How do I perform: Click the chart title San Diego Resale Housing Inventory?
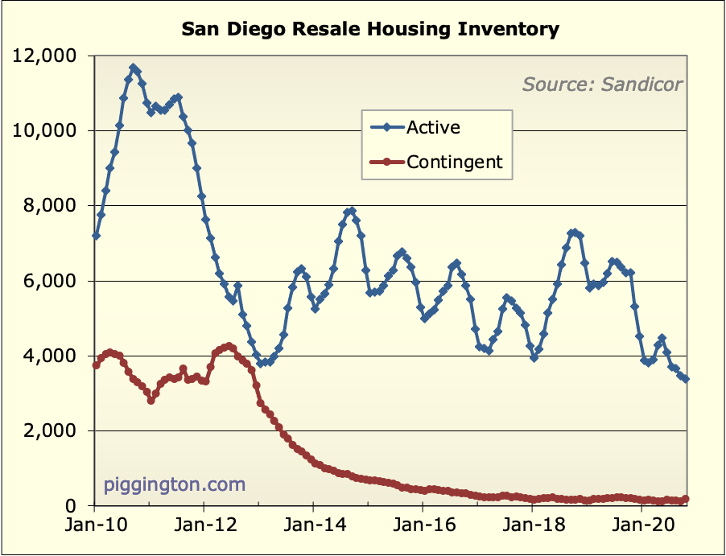(x=369, y=30)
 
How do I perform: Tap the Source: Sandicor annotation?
(x=602, y=84)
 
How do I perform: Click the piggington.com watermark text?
(x=174, y=485)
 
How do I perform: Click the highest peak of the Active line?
(x=134, y=68)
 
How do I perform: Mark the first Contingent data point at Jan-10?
(x=96, y=365)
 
